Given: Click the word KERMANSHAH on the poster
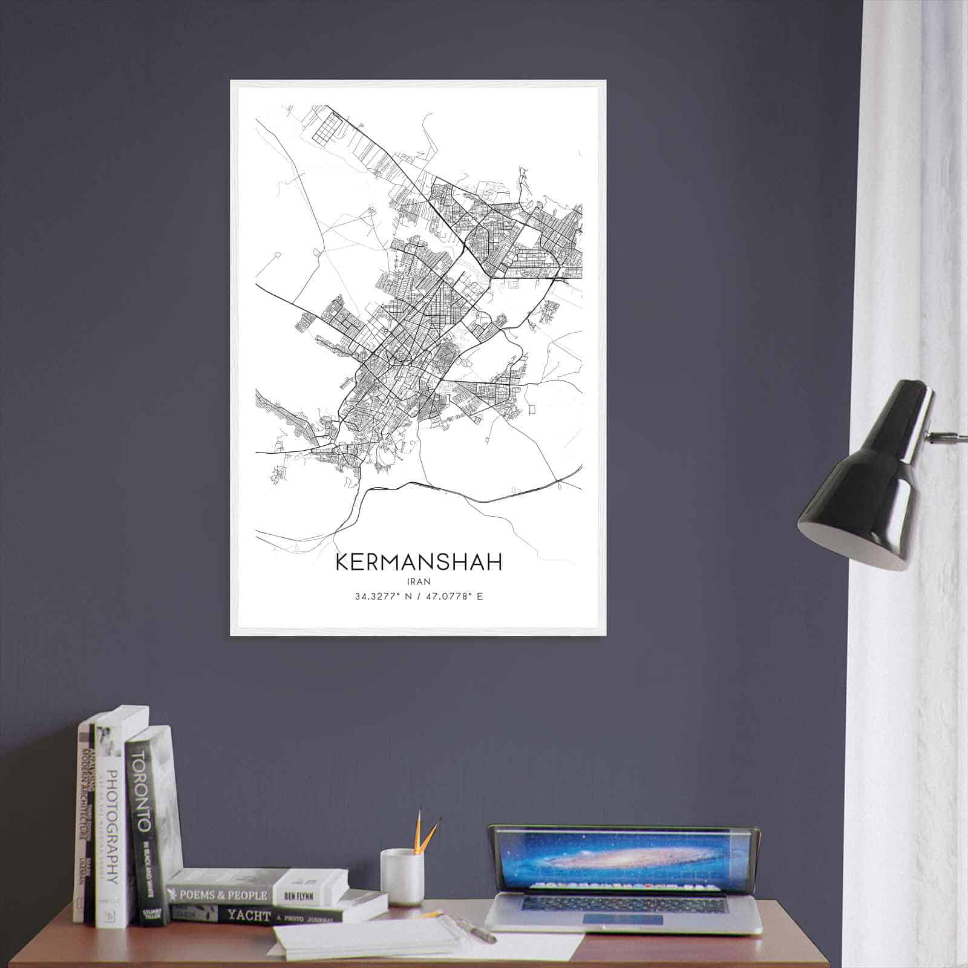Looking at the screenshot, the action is [x=417, y=562].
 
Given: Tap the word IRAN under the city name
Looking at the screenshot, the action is [x=418, y=581].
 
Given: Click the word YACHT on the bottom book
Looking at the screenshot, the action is [x=248, y=916].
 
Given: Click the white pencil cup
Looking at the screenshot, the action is [x=402, y=877].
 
